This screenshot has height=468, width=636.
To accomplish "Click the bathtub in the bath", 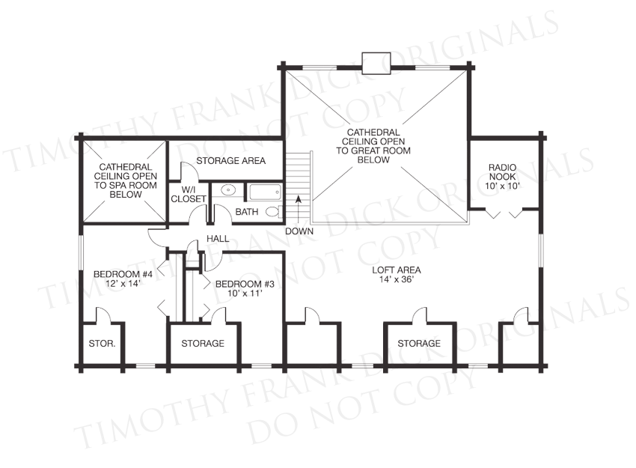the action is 266,192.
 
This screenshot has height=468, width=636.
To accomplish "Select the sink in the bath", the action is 230,189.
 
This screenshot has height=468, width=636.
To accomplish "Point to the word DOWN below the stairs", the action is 299,231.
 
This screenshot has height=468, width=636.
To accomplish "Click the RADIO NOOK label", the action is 503,171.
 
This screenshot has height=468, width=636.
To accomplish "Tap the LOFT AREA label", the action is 397,270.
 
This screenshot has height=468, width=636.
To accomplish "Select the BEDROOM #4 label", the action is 123,274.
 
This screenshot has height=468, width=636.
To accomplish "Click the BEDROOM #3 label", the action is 245,284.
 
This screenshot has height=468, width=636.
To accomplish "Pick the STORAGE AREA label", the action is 230,161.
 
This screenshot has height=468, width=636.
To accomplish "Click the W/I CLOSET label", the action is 189,194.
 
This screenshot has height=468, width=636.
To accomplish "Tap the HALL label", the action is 218,239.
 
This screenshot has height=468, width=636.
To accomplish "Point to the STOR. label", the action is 102,344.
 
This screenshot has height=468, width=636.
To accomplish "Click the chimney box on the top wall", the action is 376,64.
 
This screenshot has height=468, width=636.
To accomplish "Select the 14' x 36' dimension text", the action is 397,279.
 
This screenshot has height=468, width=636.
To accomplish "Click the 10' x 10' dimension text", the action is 503,186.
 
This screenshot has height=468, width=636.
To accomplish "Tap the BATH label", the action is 247,211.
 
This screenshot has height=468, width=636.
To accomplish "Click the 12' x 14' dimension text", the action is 123,284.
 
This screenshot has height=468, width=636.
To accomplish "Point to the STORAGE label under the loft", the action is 419,344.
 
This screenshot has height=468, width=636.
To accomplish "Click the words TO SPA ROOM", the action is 126,186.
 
